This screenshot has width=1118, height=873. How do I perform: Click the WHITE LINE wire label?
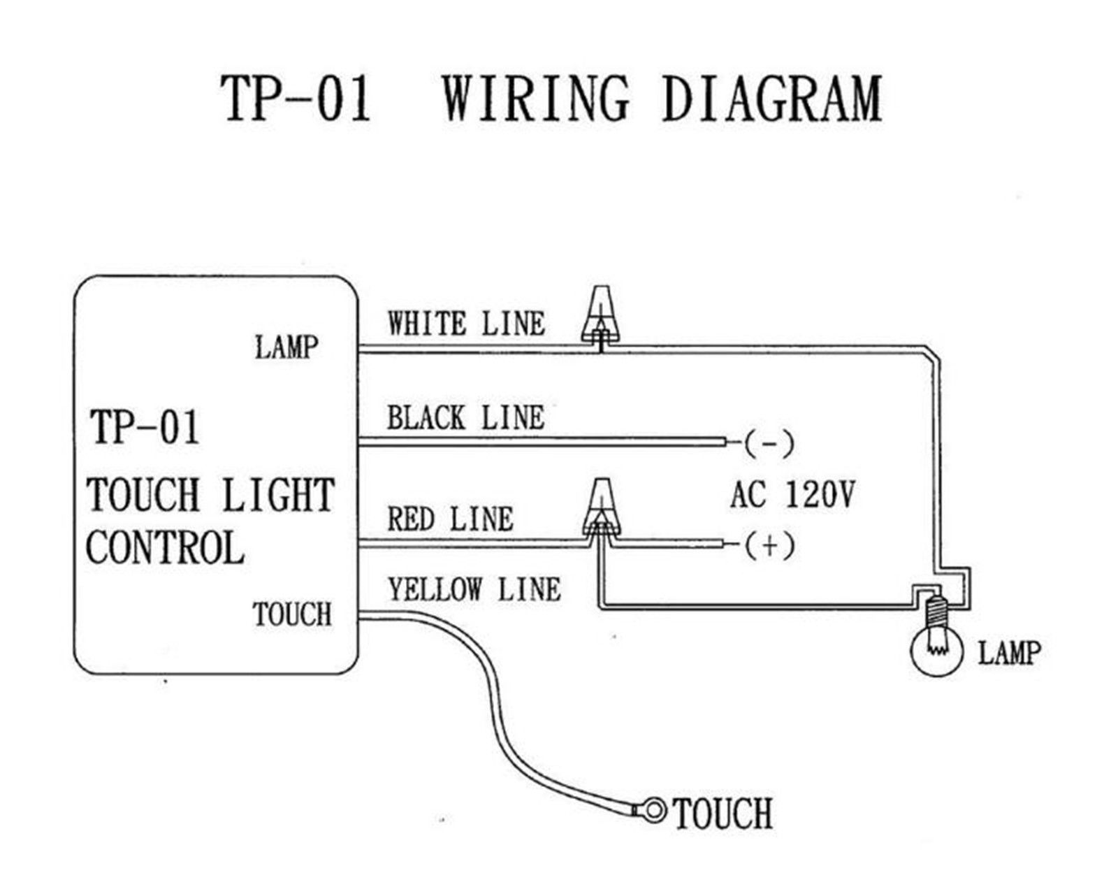click(466, 324)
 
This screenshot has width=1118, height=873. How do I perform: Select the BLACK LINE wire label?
click(465, 419)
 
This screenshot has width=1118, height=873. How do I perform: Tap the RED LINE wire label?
click(451, 519)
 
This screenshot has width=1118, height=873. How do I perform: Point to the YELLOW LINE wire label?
click(474, 590)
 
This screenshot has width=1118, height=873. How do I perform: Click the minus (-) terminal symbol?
click(769, 443)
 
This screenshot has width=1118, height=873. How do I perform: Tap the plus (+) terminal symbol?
click(769, 545)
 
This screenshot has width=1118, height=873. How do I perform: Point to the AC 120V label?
click(792, 495)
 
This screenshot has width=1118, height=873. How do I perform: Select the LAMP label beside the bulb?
click(1009, 653)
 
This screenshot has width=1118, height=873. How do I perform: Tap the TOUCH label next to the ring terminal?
click(723, 814)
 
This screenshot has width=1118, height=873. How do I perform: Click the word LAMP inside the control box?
click(286, 347)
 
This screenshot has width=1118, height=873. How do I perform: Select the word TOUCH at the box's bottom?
click(292, 614)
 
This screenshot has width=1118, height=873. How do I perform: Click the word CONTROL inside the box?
click(166, 548)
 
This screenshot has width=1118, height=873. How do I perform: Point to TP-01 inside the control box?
click(145, 427)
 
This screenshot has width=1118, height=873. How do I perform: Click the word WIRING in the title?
click(536, 99)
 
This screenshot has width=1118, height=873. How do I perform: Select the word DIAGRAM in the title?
click(771, 99)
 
